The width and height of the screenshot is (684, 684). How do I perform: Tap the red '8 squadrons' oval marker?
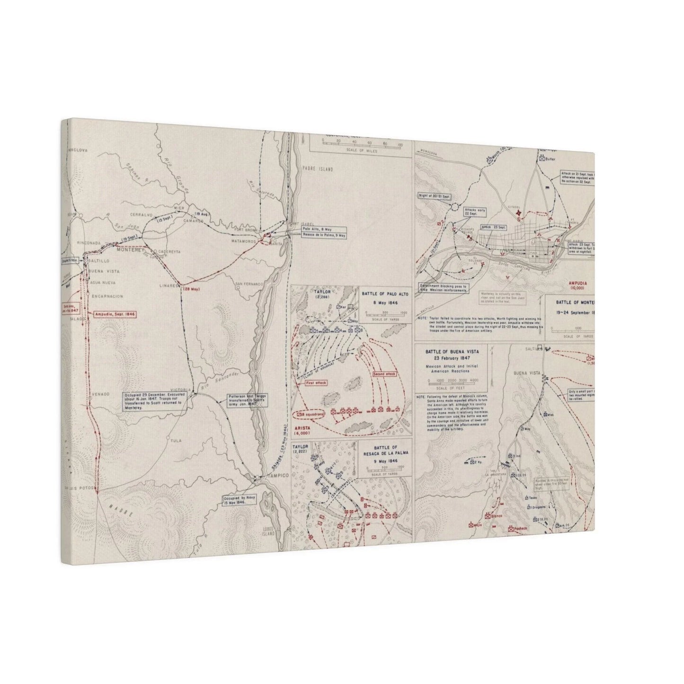[311, 415]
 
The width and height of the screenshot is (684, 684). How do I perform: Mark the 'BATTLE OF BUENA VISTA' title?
[453, 352]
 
